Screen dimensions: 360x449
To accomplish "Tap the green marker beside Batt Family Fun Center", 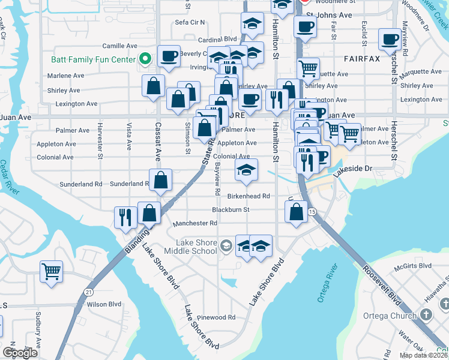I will coord(144,59).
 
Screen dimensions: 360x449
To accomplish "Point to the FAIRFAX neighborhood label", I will coord(362,59).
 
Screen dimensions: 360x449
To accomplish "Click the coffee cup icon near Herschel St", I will coord(390,40).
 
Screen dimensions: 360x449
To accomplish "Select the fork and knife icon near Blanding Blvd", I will coord(125,217).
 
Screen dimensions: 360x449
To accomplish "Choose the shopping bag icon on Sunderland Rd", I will coord(161,180).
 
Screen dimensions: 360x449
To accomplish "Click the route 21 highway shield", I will coord(89,292).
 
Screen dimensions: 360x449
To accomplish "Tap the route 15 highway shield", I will coord(312,212).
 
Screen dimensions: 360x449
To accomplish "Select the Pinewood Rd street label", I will coord(218,317).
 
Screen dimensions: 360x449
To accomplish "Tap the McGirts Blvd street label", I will coord(410,265).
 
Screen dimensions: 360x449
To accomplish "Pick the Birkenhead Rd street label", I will coord(249,196).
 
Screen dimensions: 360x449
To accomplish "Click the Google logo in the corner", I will coord(20,352).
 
